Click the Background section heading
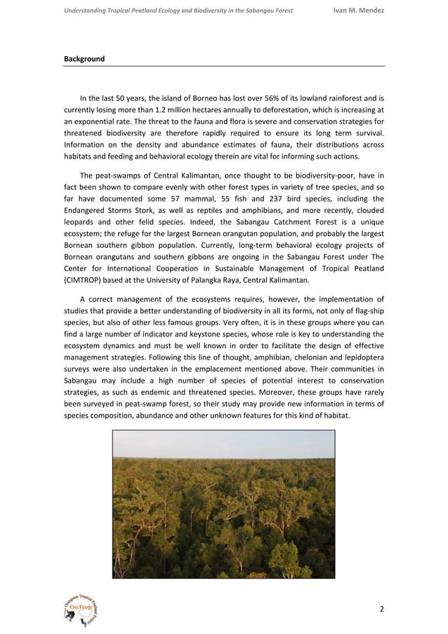(84, 59)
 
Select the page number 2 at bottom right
(381, 608)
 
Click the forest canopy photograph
(223, 504)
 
